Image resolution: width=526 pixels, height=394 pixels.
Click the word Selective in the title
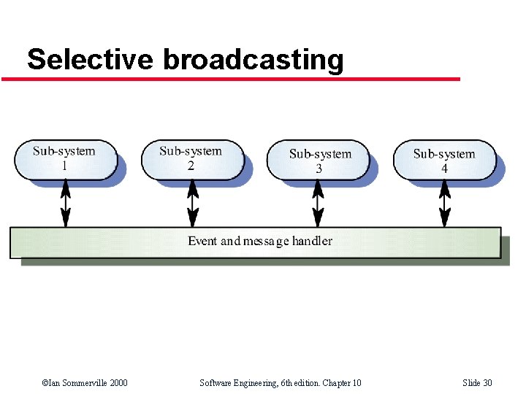pyautogui.click(x=90, y=60)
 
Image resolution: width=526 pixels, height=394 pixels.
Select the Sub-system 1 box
pyautogui.click(x=65, y=159)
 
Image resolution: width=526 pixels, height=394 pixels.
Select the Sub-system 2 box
pyautogui.click(x=191, y=159)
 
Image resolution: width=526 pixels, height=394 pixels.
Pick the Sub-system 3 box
pyautogui.click(x=319, y=161)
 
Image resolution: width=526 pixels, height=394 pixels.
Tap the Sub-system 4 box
pyautogui.click(x=444, y=161)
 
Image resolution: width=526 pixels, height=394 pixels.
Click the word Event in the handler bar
pyautogui.click(x=202, y=241)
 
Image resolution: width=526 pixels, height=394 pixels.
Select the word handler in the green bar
pyautogui.click(x=312, y=241)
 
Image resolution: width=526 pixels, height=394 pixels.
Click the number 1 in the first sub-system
pyautogui.click(x=64, y=166)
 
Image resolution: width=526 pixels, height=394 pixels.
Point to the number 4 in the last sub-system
pyautogui.click(x=444, y=168)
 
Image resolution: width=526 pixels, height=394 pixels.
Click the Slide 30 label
pyautogui.click(x=477, y=383)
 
